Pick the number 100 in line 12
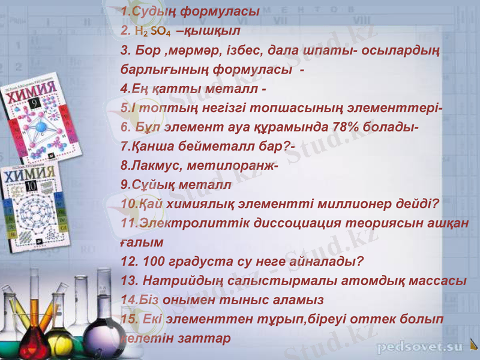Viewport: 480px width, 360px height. tap(150, 262)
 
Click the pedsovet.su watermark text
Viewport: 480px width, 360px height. tap(419, 347)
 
